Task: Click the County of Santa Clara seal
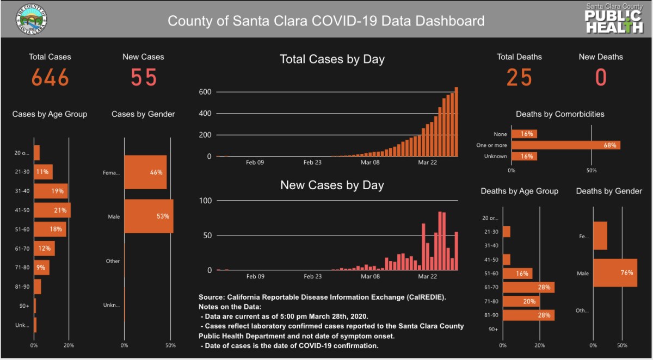tap(31, 21)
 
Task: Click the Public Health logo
tap(614, 19)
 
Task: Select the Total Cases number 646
tap(50, 78)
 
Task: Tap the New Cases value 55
tap(144, 78)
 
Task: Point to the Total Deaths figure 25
tap(519, 78)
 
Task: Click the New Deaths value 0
tap(601, 78)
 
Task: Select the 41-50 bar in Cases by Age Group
tap(52, 210)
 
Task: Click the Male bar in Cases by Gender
tap(149, 216)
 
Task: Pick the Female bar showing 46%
tap(145, 172)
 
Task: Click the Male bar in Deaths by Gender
tap(615, 273)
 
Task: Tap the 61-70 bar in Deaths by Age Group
tap(528, 287)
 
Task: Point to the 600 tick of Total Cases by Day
tap(205, 92)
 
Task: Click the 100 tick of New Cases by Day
tap(205, 201)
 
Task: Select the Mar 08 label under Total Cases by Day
tap(370, 162)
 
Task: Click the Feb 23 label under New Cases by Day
tap(312, 276)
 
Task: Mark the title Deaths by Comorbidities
tap(560, 114)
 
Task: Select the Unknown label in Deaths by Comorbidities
tap(495, 157)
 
